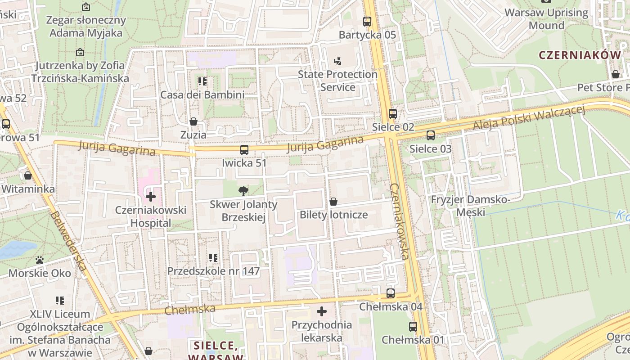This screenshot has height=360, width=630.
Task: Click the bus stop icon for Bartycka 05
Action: (367, 21)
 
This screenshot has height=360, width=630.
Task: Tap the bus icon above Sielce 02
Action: (393, 114)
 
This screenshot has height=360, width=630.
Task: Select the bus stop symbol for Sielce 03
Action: (431, 135)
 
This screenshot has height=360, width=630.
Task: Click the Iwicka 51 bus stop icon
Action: (244, 149)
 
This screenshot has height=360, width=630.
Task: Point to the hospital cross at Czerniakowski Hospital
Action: (151, 197)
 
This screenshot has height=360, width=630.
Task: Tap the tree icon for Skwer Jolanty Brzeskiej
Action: (243, 191)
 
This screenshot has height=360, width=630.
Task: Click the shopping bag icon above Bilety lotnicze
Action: (333, 201)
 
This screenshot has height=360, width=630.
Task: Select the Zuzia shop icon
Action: (193, 121)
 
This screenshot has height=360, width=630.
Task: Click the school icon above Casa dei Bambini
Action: (202, 81)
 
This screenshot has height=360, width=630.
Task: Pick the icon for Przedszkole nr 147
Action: (213, 258)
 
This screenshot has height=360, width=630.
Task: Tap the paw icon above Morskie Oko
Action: (40, 260)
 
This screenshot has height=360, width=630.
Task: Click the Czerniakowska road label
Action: (399, 221)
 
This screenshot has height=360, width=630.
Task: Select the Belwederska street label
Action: (68, 241)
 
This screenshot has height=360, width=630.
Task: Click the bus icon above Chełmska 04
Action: (391, 293)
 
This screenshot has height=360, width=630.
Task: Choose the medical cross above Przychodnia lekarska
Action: (322, 311)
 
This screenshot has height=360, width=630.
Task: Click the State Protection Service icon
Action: (337, 61)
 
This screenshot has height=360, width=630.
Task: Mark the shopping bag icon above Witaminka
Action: (28, 175)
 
